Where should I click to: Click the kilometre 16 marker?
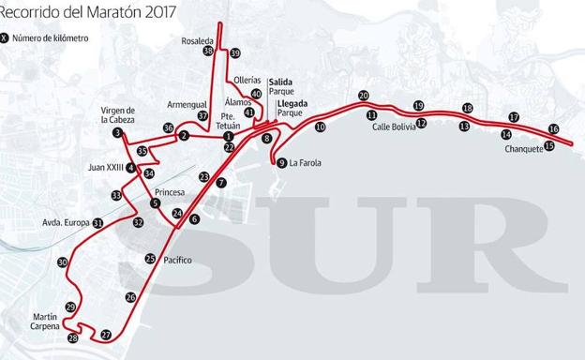click(x=553, y=129)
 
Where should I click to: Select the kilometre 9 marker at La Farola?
click(x=282, y=163)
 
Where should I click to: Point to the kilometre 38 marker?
click(x=208, y=51)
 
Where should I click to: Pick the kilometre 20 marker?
click(x=363, y=95)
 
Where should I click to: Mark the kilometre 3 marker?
click(x=117, y=133)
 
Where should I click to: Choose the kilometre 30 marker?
click(x=62, y=262)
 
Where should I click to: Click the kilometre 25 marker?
click(x=150, y=259)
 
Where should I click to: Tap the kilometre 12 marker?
click(x=421, y=123)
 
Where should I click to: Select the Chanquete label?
click(x=522, y=148)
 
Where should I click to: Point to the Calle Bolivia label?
click(x=394, y=127)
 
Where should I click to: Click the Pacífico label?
click(x=177, y=260)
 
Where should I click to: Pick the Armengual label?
click(x=187, y=106)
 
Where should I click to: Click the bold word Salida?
click(x=281, y=82)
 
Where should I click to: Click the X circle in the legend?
click(x=7, y=38)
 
